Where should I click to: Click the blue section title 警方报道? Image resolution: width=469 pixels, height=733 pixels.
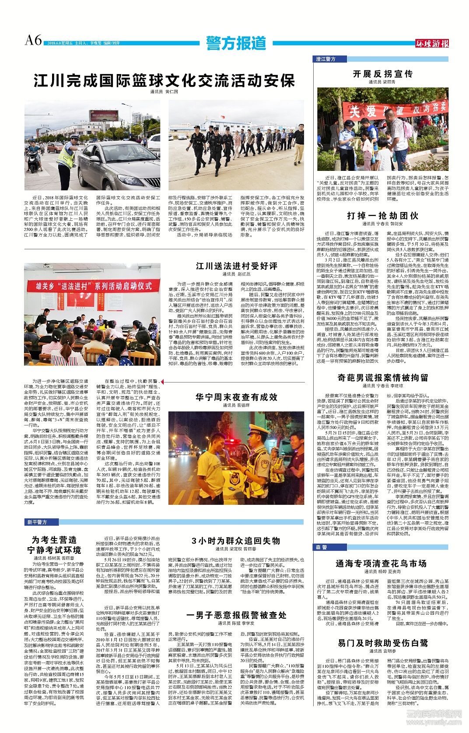(x=236, y=43)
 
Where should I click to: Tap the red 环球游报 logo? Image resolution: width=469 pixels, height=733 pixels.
(x=432, y=43)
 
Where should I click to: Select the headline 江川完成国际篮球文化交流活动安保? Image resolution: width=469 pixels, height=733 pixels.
(x=164, y=81)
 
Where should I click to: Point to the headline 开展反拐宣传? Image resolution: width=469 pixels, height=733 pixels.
(x=383, y=74)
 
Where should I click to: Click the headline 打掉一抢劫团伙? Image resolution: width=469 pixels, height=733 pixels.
(x=382, y=216)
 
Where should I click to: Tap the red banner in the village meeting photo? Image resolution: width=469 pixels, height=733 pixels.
(x=92, y=286)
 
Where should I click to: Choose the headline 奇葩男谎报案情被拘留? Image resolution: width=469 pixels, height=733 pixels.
(x=382, y=377)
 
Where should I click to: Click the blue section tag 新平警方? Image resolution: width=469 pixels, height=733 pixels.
(x=37, y=522)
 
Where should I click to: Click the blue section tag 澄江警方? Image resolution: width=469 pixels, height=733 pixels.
(x=326, y=59)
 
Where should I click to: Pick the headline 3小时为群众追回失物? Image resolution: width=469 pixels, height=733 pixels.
(x=236, y=541)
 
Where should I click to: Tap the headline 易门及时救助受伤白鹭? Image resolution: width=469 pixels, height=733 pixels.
(x=382, y=643)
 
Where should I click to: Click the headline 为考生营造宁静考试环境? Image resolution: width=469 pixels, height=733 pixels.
(x=54, y=545)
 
